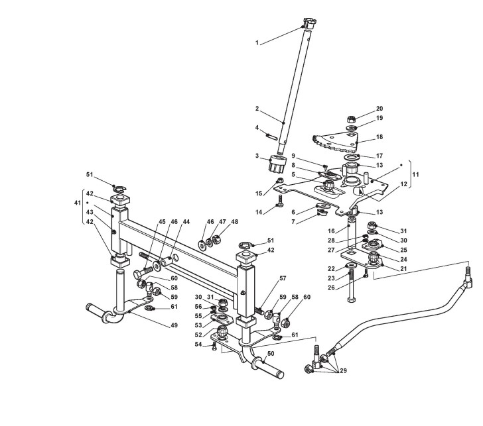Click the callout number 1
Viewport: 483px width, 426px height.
[257, 43]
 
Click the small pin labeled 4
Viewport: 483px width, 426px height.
[271, 136]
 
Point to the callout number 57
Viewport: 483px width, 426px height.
[283, 278]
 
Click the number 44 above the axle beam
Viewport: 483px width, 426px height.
[186, 221]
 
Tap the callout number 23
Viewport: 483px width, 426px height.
[349, 278]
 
